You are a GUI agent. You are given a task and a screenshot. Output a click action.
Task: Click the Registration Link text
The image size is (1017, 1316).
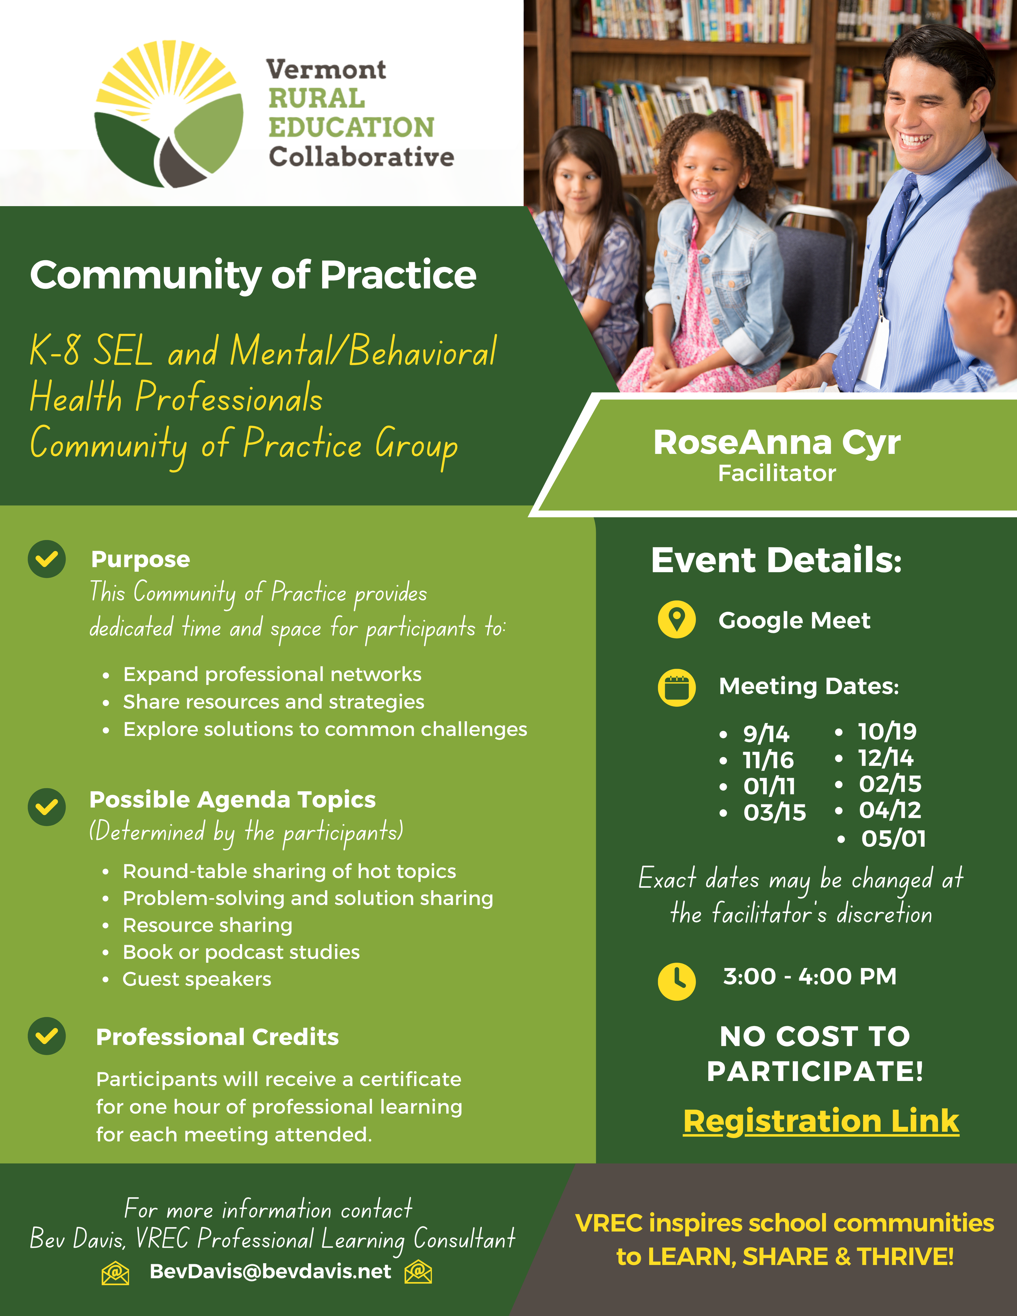pos(821,1121)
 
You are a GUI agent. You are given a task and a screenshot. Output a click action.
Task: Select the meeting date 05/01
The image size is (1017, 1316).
pos(893,838)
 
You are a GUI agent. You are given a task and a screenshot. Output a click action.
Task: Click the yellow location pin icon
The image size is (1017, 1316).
pos(677,619)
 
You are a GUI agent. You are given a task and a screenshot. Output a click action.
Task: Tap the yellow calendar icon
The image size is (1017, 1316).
pos(677,688)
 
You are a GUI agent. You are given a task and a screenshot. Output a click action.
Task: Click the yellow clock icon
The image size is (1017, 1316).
pos(677,981)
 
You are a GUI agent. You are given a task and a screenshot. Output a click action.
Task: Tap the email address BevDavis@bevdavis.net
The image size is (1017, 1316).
pos(271,1271)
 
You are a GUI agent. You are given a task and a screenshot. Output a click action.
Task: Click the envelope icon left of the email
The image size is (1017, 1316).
pos(115,1272)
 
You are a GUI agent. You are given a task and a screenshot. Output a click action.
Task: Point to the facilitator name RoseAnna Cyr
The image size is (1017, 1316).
pos(777,443)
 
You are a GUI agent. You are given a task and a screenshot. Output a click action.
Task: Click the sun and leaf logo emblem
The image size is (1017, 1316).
pos(169,114)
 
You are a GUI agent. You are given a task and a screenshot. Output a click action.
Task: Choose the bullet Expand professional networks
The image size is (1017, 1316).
pos(273,674)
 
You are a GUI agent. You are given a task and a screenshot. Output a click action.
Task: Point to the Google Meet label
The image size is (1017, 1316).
pos(794,621)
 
